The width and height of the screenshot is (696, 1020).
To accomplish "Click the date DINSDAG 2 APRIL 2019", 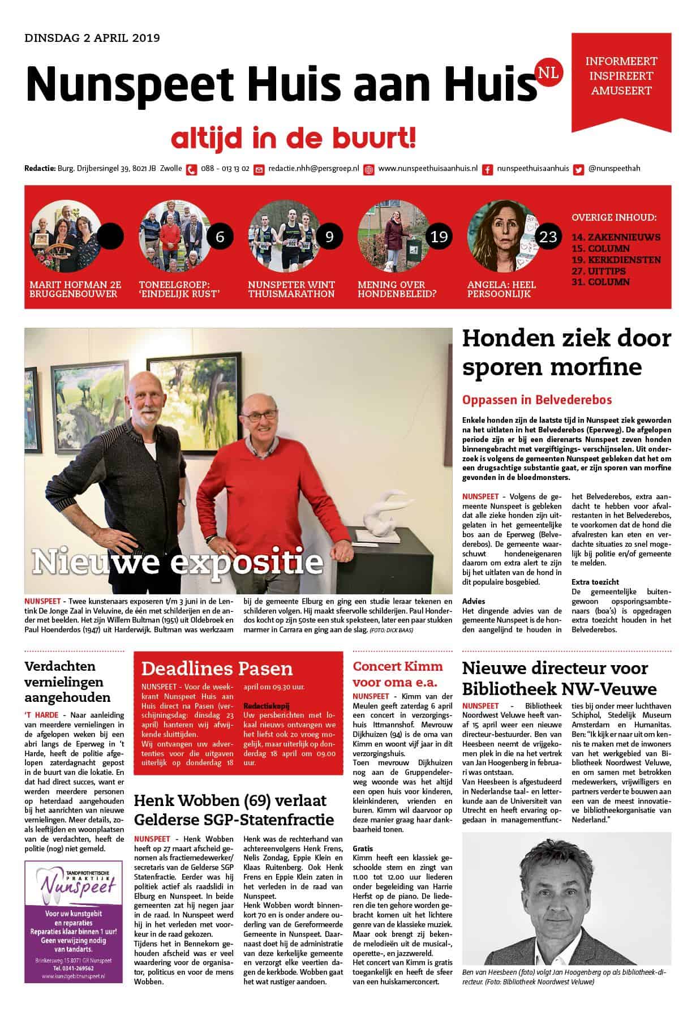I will pos(92,38).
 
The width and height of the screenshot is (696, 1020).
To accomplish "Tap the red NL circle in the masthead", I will pos(547,73).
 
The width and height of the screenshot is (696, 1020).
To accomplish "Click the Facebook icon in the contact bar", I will pos(487,169).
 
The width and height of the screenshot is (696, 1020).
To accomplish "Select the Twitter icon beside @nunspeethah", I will pos(578,169).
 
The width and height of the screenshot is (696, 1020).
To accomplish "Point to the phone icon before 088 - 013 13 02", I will pos(192,169).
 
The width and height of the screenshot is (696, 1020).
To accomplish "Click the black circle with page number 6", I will pos(220,236).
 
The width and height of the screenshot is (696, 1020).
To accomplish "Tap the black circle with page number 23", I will pos(548,236).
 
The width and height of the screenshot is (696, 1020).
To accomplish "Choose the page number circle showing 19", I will pos(439,236).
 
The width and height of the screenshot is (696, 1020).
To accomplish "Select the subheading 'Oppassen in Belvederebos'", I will pos(537,400).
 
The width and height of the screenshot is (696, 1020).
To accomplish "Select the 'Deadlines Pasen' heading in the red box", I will pos(217,668).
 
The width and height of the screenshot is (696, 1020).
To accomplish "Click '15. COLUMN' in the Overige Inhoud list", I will pos(600,248).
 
